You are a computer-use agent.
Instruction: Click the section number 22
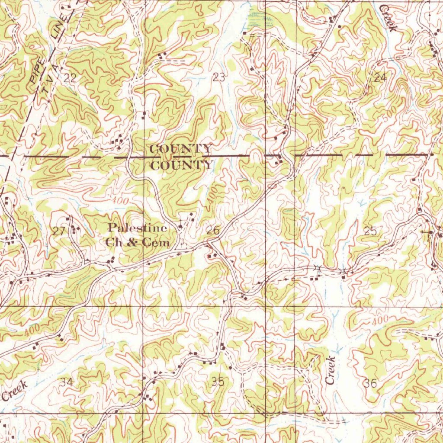[x=70, y=78]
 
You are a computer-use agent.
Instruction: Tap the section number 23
[x=219, y=78]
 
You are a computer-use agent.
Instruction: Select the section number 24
[x=380, y=78]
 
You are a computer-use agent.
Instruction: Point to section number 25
[x=370, y=231]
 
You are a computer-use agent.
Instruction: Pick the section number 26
[x=213, y=231]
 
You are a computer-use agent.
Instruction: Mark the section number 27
[x=58, y=231]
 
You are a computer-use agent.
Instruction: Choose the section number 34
[x=67, y=382]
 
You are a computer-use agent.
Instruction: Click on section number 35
[x=218, y=382]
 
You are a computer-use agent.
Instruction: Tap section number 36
[x=370, y=382]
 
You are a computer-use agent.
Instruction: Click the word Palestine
[x=137, y=228]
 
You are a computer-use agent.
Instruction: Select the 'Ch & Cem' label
[x=137, y=243]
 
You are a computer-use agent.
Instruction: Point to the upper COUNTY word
[x=181, y=149]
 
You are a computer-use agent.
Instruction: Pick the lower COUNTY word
[x=182, y=165]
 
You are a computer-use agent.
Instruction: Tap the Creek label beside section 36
[x=331, y=370]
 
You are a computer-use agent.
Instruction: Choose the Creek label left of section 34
[x=15, y=391]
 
